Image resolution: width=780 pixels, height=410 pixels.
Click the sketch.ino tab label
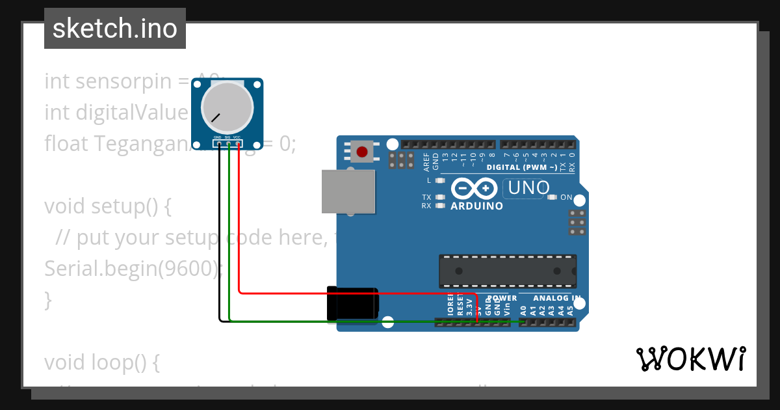pyautogui.click(x=115, y=29)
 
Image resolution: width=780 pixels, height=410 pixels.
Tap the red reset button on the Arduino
pyautogui.click(x=361, y=152)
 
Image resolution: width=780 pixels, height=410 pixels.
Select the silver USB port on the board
pyautogui.click(x=348, y=191)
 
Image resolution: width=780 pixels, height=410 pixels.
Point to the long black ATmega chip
pyautogui.click(x=507, y=271)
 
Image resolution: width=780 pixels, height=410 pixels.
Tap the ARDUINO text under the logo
pyautogui.click(x=476, y=206)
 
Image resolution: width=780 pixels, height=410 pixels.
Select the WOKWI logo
pyautogui.click(x=690, y=359)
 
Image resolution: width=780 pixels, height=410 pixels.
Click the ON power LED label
pyautogui.click(x=566, y=197)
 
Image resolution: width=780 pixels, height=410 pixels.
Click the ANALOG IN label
pyautogui.click(x=557, y=298)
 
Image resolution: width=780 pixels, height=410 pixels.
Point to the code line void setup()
pyautogui.click(x=107, y=206)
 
